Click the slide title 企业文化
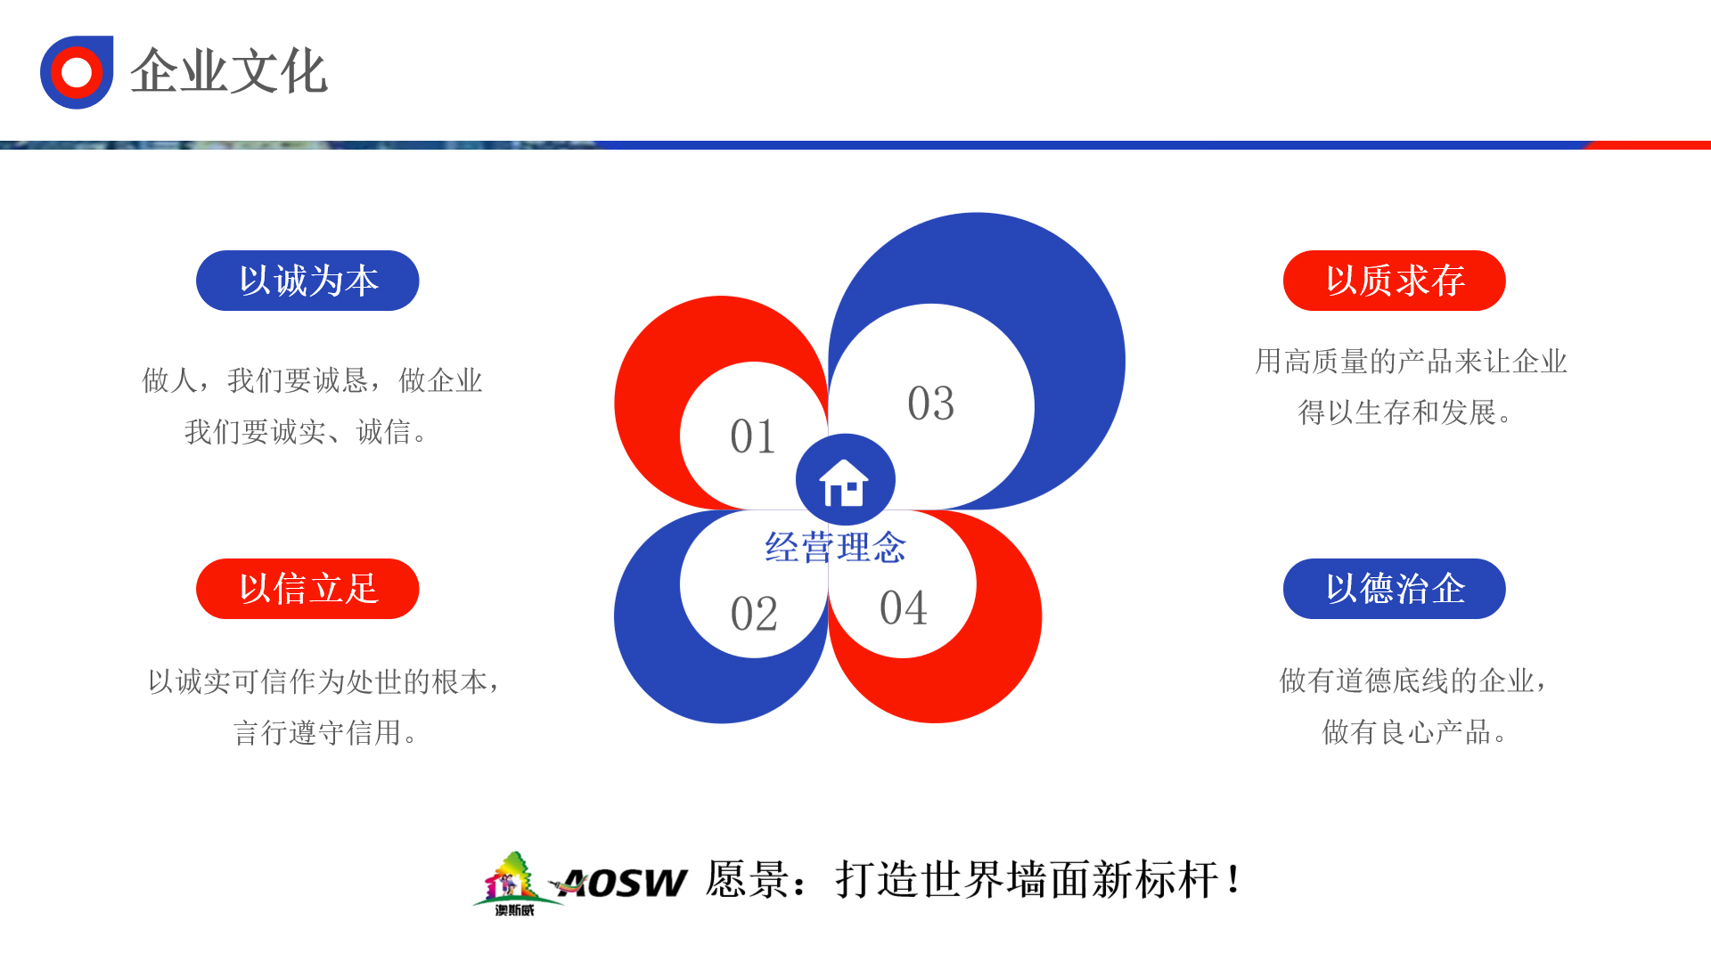(x=229, y=71)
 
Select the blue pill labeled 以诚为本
(x=307, y=281)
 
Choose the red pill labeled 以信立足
(x=307, y=589)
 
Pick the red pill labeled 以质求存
(x=1395, y=281)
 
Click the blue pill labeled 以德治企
(x=1395, y=589)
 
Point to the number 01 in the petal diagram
(x=753, y=436)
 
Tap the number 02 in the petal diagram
(x=754, y=614)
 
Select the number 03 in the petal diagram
(x=931, y=404)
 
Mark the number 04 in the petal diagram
(x=904, y=608)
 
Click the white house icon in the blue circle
(x=844, y=483)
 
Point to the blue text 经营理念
(x=836, y=547)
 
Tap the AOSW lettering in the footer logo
(x=624, y=883)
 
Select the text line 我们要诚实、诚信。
(x=307, y=432)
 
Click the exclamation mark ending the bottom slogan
(x=1233, y=879)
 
